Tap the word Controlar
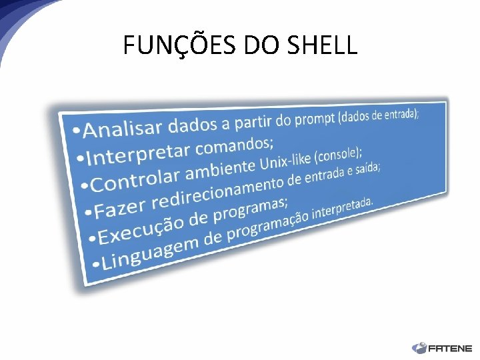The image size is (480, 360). [136, 179]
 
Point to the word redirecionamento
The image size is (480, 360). [219, 191]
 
